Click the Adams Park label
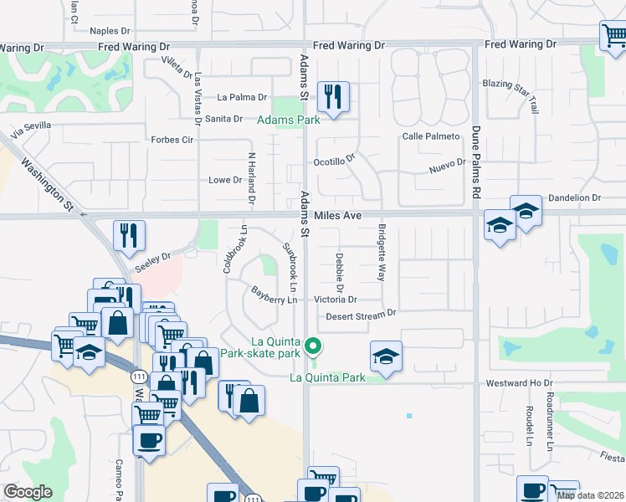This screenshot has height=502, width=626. [x=288, y=120]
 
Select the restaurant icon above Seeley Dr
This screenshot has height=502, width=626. [x=129, y=236]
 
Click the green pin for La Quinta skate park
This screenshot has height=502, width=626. [x=314, y=346]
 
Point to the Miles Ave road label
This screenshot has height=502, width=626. [x=337, y=215]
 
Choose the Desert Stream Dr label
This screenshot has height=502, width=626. [x=360, y=315]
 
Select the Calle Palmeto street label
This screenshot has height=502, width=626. [x=431, y=136]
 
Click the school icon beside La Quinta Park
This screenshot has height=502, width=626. [x=386, y=356]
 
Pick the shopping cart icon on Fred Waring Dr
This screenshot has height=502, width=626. [x=613, y=36]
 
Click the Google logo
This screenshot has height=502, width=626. [x=28, y=491]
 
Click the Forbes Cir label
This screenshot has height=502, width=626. [x=172, y=140]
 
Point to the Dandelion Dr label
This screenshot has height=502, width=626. [x=574, y=197]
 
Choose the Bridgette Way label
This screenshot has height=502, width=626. [x=382, y=253]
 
